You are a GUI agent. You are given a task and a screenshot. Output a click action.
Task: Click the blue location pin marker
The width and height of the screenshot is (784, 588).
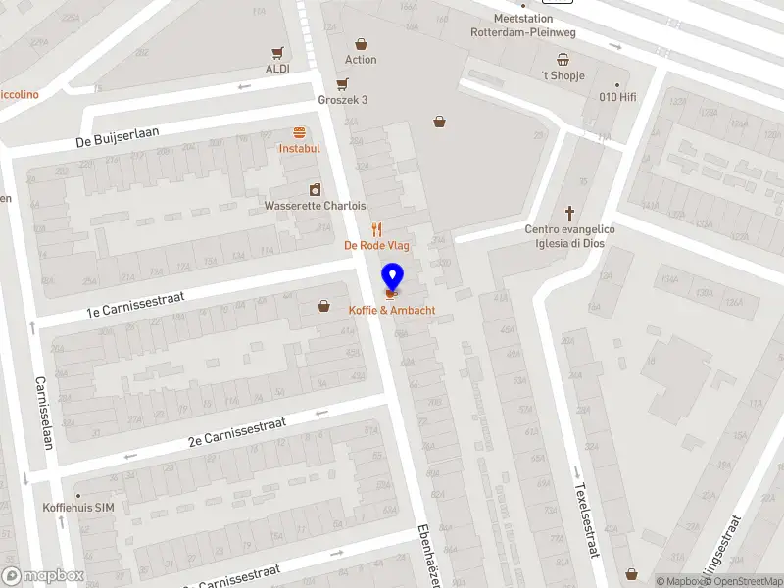tap(392, 277)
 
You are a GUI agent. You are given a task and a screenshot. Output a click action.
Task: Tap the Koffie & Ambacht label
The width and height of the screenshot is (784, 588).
tap(392, 311)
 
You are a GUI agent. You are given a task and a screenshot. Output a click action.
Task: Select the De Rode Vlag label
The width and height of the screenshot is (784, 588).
tap(376, 245)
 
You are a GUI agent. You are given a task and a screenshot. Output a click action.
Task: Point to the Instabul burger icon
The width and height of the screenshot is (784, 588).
tap(299, 132)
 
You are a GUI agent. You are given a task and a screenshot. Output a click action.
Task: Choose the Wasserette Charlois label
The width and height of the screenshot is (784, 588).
tap(315, 206)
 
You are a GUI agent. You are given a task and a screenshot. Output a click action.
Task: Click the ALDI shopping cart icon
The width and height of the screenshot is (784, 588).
tap(278, 53)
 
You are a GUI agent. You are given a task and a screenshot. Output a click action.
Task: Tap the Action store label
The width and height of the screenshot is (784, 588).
tap(361, 60)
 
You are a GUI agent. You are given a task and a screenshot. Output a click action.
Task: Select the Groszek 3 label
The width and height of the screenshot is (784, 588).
tap(342, 100)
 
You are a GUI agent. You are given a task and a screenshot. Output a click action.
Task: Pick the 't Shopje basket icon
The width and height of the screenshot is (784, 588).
tap(563, 60)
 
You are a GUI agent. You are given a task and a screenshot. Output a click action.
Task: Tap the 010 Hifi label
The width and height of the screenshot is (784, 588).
tap(617, 97)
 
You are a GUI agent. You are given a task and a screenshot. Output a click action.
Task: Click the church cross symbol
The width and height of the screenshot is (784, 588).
tap(569, 213)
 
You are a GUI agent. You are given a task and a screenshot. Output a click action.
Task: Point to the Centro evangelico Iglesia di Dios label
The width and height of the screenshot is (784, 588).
tap(569, 236)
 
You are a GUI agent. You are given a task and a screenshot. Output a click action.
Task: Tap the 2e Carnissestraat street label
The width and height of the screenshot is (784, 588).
tap(237, 432)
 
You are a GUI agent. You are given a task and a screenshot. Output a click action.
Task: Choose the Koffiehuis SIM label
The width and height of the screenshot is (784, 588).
tap(79, 507)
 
